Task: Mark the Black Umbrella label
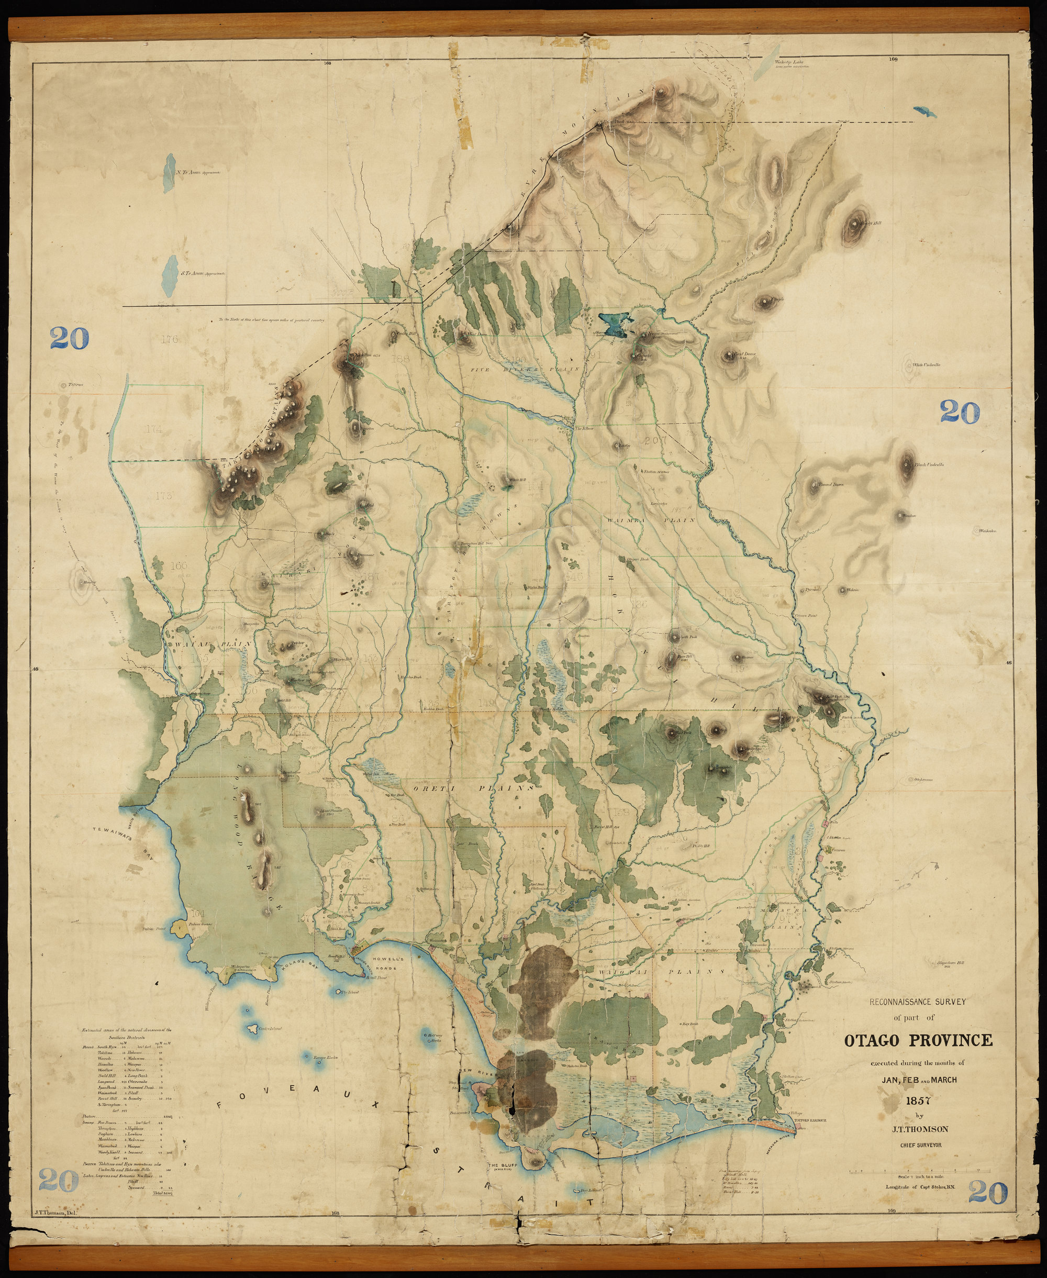pyautogui.click(x=928, y=465)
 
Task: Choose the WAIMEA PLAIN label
pyautogui.click(x=651, y=520)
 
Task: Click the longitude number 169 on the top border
pyautogui.click(x=893, y=59)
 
